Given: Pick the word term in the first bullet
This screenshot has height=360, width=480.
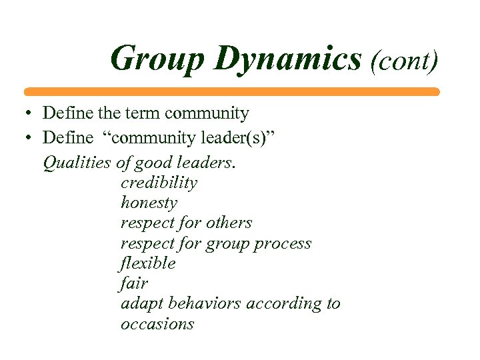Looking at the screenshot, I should [145, 114].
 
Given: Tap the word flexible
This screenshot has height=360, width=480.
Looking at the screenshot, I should [148, 263].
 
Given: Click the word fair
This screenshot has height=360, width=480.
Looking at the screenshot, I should [134, 283].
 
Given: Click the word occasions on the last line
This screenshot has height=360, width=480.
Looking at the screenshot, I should [157, 324].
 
